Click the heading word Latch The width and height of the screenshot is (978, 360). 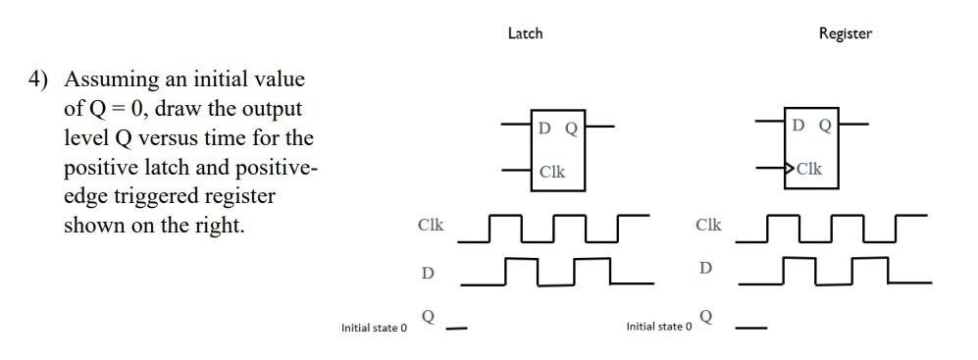(x=525, y=33)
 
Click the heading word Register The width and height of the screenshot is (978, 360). (x=845, y=33)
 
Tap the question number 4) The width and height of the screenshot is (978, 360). (x=39, y=79)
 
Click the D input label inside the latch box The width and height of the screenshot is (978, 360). (x=544, y=128)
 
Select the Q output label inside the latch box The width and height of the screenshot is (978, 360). (x=570, y=128)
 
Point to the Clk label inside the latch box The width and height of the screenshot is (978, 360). (x=552, y=171)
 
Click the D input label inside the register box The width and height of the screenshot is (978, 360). (x=799, y=126)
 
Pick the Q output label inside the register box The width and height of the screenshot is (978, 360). (x=825, y=126)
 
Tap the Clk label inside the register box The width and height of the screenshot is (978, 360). (x=809, y=169)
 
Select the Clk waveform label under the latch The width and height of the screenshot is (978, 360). (x=431, y=225)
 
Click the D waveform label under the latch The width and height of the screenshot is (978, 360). (x=428, y=272)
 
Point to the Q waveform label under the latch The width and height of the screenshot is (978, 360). (x=428, y=317)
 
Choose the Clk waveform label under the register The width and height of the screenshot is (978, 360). (x=708, y=225)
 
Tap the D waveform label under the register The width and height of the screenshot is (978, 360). (x=706, y=267)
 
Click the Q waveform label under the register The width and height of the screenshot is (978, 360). (x=707, y=317)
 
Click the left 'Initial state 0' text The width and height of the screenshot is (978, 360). (x=374, y=328)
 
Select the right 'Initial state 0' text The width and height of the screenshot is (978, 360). (x=659, y=327)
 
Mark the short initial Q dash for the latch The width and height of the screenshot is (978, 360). (x=456, y=329)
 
